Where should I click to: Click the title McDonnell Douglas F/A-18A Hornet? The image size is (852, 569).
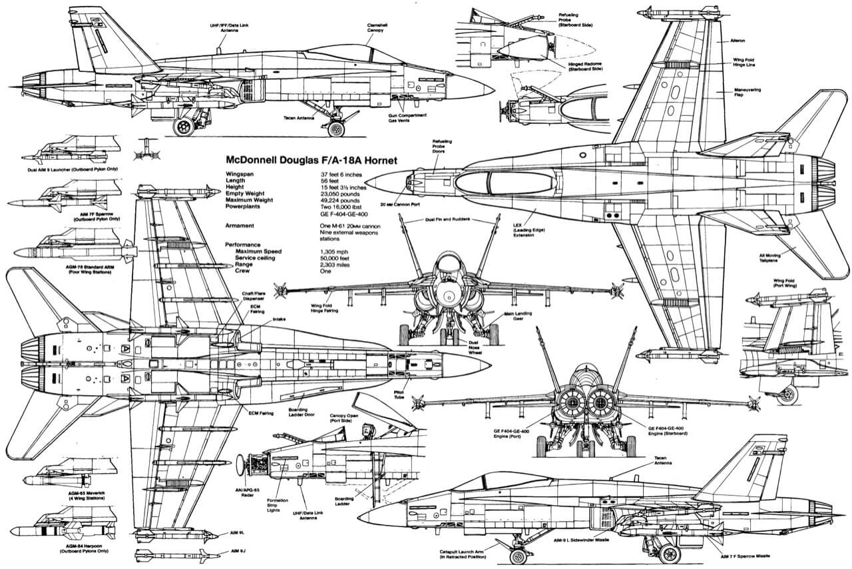pyautogui.click(x=312, y=161)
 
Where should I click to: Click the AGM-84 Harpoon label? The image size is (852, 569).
pyautogui.click(x=78, y=548)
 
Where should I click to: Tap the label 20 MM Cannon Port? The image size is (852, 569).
pyautogui.click(x=402, y=204)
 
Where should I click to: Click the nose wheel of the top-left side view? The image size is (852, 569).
pyautogui.click(x=337, y=129)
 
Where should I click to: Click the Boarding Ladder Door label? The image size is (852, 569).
pyautogui.click(x=304, y=413)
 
